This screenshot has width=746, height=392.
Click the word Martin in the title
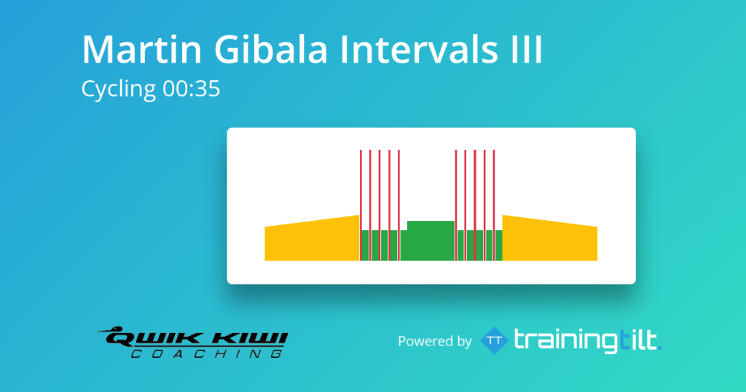pos(142,49)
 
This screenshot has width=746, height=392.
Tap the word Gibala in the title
pos(271,49)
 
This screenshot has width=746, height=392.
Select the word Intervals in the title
pos(419,49)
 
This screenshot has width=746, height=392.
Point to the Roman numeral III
pos(526,49)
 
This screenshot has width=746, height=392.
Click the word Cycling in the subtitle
pos(119,90)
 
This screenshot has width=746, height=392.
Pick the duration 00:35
pos(192,89)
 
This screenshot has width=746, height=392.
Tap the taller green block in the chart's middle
pos(431,240)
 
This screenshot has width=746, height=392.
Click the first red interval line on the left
pos(361,205)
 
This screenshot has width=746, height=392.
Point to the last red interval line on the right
pos(494,205)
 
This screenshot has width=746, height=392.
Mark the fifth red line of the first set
pos(398,205)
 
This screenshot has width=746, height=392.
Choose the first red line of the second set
pos(456,205)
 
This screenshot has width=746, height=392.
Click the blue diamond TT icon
pos(495,340)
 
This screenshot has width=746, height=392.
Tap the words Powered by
pos(435,342)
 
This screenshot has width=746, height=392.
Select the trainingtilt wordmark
pos(588,340)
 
